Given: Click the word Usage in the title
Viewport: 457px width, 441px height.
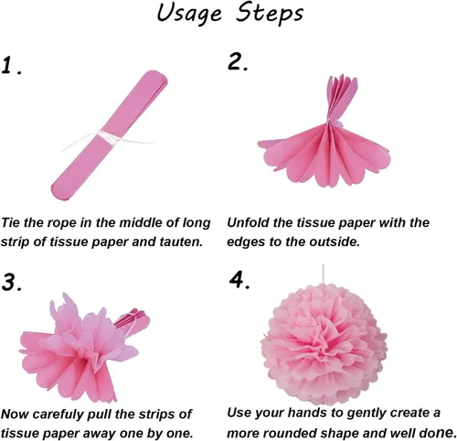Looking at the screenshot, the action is point(189,15).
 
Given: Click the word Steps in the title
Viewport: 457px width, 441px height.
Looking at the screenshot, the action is point(270,14).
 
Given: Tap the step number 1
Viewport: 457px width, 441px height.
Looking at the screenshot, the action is point(11,66).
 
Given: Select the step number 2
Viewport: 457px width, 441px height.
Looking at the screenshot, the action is point(238,62).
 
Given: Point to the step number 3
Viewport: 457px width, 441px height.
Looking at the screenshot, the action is point(12,283).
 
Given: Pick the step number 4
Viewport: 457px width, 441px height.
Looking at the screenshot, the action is point(239,279).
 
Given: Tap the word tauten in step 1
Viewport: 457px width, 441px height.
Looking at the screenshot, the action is point(181,242).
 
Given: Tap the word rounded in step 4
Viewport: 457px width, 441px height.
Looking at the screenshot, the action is point(292,433).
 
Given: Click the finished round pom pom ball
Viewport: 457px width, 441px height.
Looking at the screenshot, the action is point(324,344).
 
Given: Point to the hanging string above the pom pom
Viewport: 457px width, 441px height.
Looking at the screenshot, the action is point(323,274).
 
